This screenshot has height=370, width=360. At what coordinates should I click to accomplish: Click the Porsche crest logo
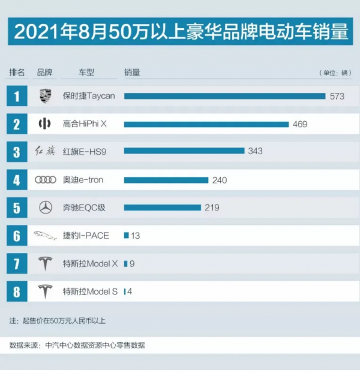point(45,96)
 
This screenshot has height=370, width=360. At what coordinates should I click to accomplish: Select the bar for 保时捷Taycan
point(224,96)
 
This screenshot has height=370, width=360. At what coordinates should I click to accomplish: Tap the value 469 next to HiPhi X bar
point(300,124)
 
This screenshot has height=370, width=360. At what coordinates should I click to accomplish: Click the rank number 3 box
point(17,152)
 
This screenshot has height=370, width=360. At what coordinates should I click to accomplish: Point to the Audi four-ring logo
point(45,180)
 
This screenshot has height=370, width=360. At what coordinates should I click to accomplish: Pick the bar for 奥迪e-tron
point(166,180)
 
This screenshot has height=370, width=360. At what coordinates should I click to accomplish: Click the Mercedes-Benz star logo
point(45,207)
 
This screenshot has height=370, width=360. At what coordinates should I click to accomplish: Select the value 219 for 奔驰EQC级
point(212,207)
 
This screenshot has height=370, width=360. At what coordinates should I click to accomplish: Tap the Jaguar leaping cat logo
point(45,236)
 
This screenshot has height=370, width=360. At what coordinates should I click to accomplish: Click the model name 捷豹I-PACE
point(86,236)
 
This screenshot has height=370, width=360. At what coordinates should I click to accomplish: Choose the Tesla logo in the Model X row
point(45,263)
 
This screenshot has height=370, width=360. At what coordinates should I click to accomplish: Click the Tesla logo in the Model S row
point(45,291)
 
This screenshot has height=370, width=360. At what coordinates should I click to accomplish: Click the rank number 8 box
point(17,291)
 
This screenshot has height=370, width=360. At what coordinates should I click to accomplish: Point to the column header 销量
point(132,72)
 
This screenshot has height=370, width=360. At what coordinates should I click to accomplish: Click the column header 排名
point(17,72)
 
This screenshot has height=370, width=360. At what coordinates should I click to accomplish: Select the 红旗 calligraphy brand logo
point(45,152)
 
